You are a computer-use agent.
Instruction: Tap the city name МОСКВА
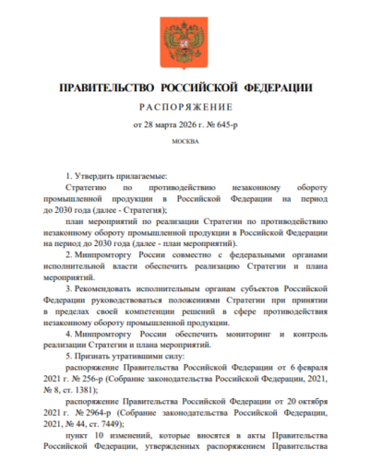click(x=185, y=144)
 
